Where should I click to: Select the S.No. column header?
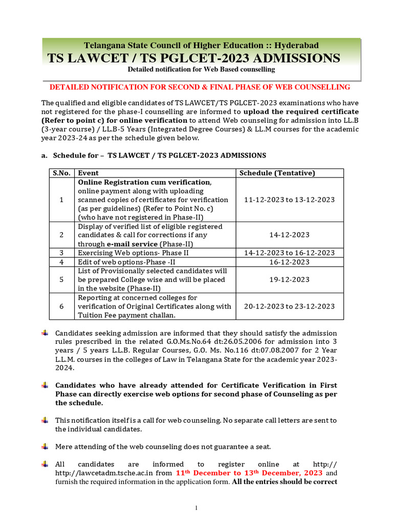pos(61,173)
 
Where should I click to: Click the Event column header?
pos(89,173)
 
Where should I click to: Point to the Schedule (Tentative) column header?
pos(277,173)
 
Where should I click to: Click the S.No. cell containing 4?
pos(61,261)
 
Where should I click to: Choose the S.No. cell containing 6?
pos(61,306)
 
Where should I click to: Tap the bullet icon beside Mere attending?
pos(45,446)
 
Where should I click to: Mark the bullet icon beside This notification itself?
pos(45,420)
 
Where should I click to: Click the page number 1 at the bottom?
pos(196,508)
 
